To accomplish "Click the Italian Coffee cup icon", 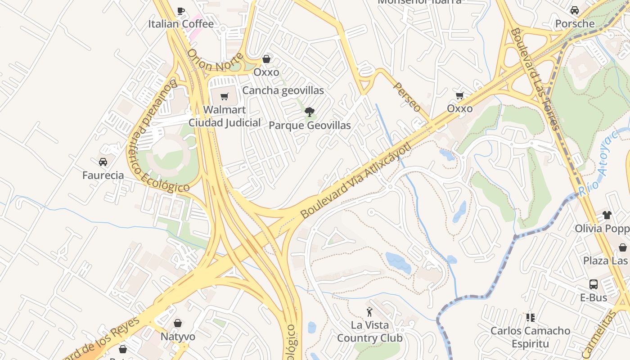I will point(181,11).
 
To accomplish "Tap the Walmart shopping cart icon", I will point(225,96).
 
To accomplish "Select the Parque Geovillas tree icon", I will point(309,112).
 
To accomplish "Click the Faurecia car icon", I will point(103,162).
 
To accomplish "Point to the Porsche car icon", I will point(575,10).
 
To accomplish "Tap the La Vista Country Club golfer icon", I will point(369,311).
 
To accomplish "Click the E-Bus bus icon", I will point(594,284).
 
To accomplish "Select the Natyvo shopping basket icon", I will point(178,323).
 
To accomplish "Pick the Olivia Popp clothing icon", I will point(607,215).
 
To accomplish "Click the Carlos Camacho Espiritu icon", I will point(531,318).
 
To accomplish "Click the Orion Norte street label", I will point(215,60).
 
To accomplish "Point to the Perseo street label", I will point(407,97).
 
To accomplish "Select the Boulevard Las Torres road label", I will point(535,79).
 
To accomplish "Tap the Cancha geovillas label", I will point(283,90).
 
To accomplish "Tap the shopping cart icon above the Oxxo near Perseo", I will point(459,95).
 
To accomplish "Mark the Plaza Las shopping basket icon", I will point(623,247).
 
